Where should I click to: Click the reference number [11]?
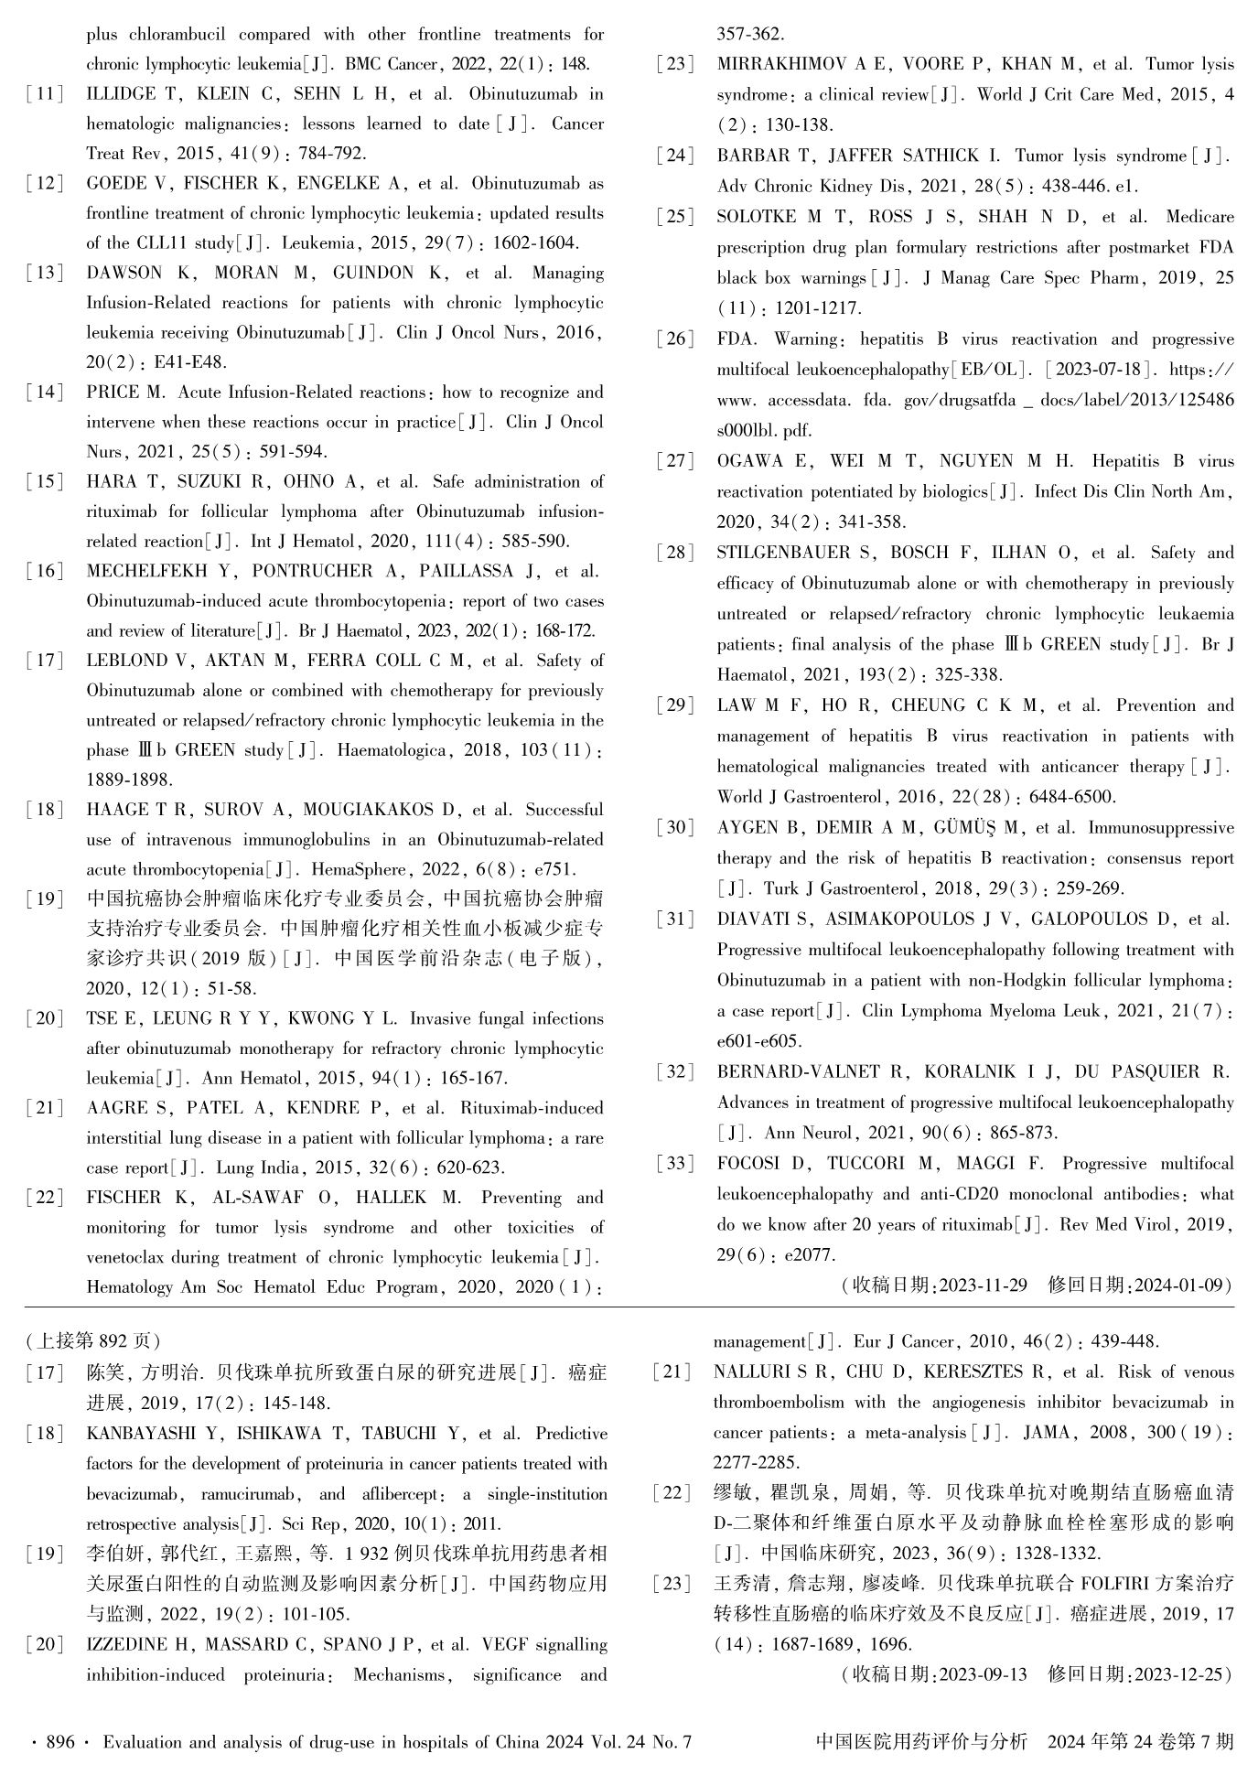pos(45,94)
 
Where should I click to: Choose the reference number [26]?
pos(675,339)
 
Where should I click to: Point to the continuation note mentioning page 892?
pos(92,1341)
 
